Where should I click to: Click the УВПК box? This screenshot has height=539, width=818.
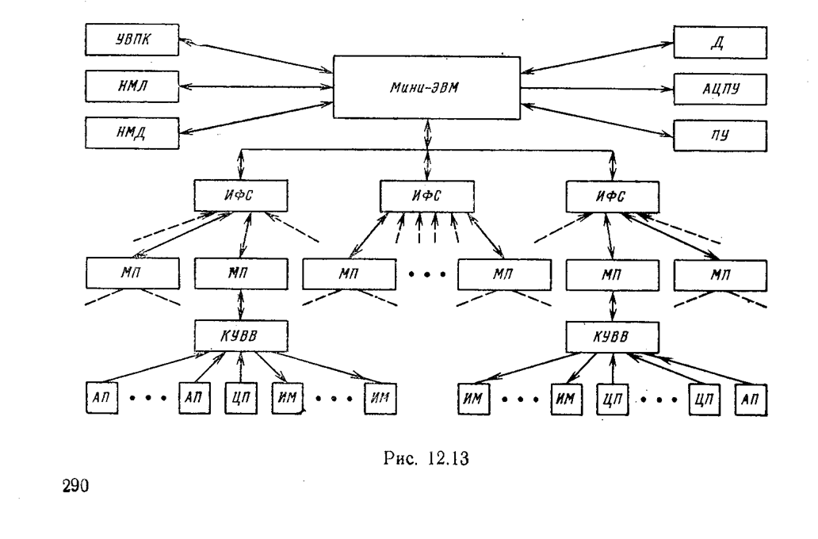132,40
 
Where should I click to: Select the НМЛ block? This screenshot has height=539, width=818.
132,86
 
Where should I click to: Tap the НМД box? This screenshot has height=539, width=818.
132,133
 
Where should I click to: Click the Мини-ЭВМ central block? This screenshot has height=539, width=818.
426,88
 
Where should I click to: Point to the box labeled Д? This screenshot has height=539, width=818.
720,42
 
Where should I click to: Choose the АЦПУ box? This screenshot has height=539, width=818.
720,90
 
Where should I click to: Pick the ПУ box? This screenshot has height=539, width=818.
720,136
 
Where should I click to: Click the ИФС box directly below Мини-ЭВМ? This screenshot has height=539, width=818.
427,197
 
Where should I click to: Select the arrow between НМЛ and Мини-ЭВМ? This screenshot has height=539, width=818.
256,86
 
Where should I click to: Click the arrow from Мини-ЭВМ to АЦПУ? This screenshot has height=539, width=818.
597,89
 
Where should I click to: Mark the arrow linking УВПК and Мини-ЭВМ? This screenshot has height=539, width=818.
256,55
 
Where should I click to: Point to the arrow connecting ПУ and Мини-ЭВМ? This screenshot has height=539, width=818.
597,120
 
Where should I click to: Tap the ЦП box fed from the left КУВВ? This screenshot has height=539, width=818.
241,399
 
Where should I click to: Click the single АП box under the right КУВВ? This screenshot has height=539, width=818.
751,399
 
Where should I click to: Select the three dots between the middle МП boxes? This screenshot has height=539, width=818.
427,274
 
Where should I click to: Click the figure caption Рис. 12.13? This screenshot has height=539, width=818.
426,459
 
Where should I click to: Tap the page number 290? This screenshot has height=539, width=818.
75,487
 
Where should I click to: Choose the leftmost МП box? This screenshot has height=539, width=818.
132,273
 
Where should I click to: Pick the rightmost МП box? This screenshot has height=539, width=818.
721,275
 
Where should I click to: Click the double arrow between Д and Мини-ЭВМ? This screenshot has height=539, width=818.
597,57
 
